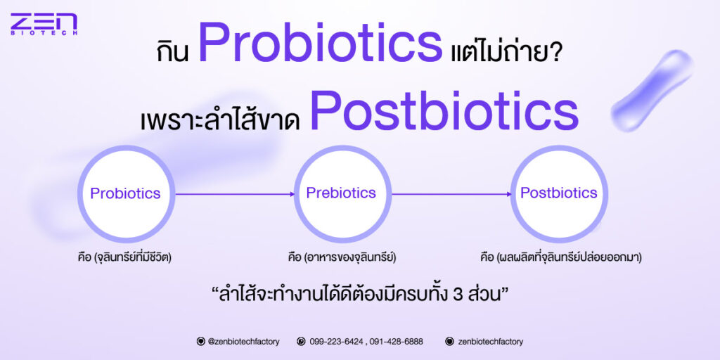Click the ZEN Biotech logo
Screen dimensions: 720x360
pyautogui.click(x=44, y=25)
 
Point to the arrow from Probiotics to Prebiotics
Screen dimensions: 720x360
pyautogui.click(x=235, y=194)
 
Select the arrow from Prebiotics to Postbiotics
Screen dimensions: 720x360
pyautogui.click(x=451, y=194)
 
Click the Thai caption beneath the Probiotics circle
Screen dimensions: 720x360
pyautogui.click(x=124, y=257)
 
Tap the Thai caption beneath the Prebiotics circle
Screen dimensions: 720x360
pyautogui.click(x=340, y=257)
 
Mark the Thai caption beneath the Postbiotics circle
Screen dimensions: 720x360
pyautogui.click(x=560, y=257)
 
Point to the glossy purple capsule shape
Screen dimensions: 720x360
pyautogui.click(x=652, y=91)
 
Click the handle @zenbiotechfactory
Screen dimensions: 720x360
pyautogui.click(x=243, y=342)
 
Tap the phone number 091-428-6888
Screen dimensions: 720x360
pyautogui.click(x=397, y=342)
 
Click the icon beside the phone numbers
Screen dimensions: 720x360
pyautogui.click(x=301, y=342)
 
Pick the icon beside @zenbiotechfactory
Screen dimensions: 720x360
pyautogui.click(x=200, y=342)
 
